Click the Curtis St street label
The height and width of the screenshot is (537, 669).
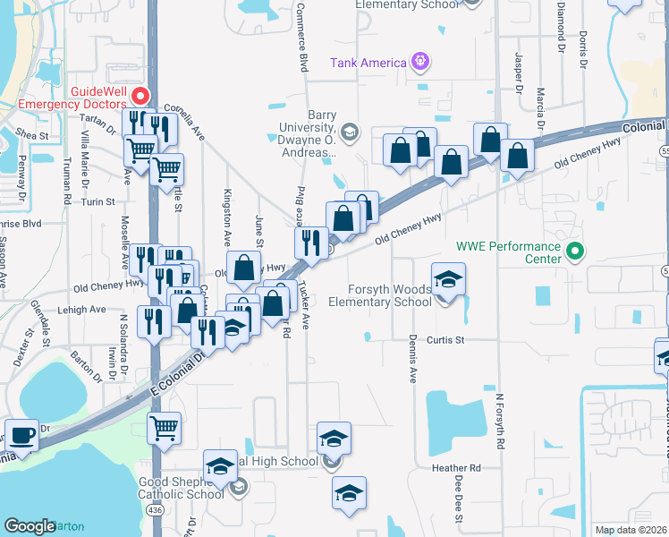(445, 340)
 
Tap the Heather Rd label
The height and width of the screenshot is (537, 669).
(455, 468)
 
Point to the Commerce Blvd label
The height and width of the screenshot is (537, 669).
(301, 36)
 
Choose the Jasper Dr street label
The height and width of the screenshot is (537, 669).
(518, 70)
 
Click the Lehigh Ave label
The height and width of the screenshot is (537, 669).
(84, 310)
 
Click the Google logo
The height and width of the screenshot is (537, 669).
(30, 526)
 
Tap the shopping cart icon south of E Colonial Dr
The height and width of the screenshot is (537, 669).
(165, 430)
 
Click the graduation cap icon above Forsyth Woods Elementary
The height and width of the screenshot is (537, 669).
(448, 278)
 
